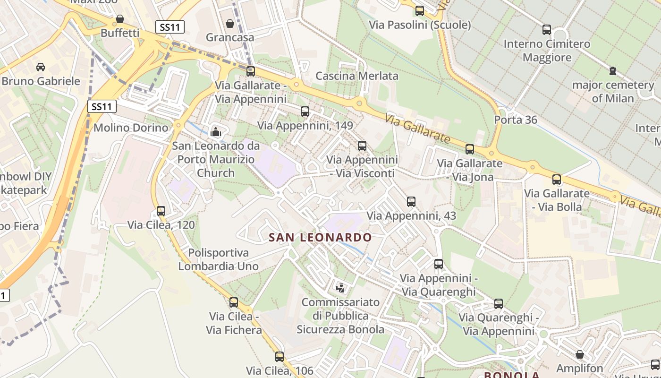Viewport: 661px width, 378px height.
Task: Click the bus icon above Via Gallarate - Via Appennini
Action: coord(251,71)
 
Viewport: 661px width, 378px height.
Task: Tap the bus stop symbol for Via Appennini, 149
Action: coord(305,112)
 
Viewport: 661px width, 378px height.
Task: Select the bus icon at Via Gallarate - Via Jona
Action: coord(470,149)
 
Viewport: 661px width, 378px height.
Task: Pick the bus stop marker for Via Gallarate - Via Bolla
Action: coord(557,180)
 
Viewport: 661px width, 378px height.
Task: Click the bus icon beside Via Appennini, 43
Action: coord(411,202)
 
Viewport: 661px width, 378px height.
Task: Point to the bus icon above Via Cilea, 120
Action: coord(161,211)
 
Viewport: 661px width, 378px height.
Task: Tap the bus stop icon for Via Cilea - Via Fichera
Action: coord(234,302)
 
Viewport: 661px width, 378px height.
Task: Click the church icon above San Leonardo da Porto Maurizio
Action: coord(216,132)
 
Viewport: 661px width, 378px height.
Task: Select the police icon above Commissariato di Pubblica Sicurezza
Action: coord(340,287)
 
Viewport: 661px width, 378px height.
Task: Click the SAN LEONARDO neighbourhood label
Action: coord(320,237)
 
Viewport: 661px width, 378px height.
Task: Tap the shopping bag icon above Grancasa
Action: coord(230,23)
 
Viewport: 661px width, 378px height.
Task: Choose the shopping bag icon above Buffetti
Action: coord(120,19)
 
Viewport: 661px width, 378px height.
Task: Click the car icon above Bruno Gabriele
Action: coord(41,67)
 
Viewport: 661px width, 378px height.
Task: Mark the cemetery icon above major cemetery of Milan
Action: coord(613,71)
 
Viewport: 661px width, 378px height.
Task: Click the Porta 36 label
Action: coord(516,120)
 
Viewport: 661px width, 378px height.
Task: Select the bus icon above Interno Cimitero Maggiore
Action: coord(547,30)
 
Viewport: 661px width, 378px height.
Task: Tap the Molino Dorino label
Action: coord(131,128)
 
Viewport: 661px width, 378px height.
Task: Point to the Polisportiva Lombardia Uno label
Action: coord(218,259)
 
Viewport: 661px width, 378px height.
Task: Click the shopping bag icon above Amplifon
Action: coord(580,354)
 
